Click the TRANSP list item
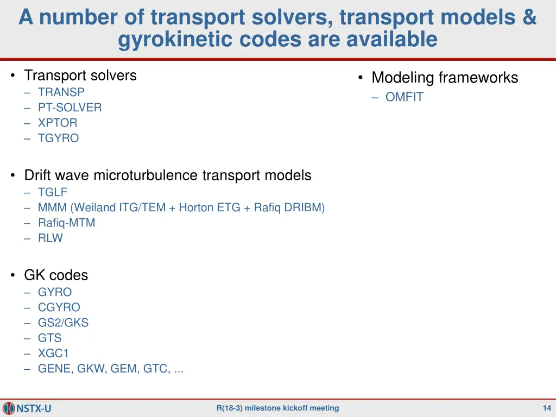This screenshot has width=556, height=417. pos(61,92)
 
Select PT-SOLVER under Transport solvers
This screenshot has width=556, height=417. pos(69,108)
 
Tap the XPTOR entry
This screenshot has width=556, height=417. pos(58,123)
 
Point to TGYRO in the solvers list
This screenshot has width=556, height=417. pos(58,138)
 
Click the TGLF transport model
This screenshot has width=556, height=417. pos(53,192)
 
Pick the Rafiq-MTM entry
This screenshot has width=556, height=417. pos(66,223)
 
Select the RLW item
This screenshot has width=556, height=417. pos(50,238)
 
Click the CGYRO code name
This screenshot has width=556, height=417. pos(59,307)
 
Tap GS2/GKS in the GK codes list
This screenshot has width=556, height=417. pos(63,323)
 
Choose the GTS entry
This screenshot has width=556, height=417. pos(49,338)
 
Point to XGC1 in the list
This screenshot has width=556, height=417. pos(53,353)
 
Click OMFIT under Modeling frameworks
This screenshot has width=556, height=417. pos(404,98)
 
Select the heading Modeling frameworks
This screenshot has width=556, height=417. pos(444,78)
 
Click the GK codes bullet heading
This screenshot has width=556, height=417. pos(55,275)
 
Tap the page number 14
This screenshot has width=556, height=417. pos(547,408)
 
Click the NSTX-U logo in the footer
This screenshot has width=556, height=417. pos(27,408)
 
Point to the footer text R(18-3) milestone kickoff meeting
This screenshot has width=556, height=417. pos(277,408)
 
